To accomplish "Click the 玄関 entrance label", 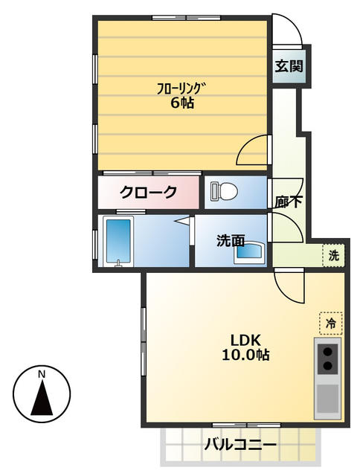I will [289, 66].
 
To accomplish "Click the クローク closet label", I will [150, 193].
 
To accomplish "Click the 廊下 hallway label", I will [287, 202].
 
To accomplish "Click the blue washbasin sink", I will [248, 252].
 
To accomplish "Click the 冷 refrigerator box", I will [330, 323].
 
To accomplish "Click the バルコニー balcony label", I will [240, 446].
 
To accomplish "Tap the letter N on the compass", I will [42, 373].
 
